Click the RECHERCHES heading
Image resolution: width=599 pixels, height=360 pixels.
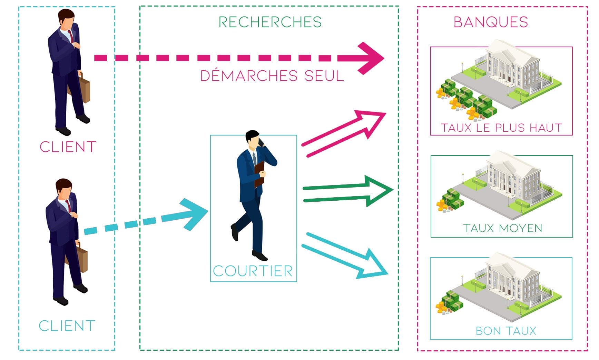[x=270, y=22]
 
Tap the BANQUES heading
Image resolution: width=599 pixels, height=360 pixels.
[x=491, y=22]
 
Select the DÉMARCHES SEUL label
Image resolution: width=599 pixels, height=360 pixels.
[x=272, y=76]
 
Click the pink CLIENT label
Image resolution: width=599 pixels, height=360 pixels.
[x=68, y=147]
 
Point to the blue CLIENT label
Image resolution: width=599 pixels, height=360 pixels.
[x=67, y=326]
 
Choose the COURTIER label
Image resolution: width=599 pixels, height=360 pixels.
[x=253, y=271]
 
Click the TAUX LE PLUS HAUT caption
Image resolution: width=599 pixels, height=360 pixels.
[x=501, y=128]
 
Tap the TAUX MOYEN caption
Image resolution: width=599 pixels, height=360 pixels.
[x=503, y=228]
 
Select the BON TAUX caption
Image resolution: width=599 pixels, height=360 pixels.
[x=506, y=331]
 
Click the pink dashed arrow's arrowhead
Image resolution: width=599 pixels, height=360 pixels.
[x=369, y=58]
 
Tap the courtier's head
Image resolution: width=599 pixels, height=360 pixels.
[x=253, y=139]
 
